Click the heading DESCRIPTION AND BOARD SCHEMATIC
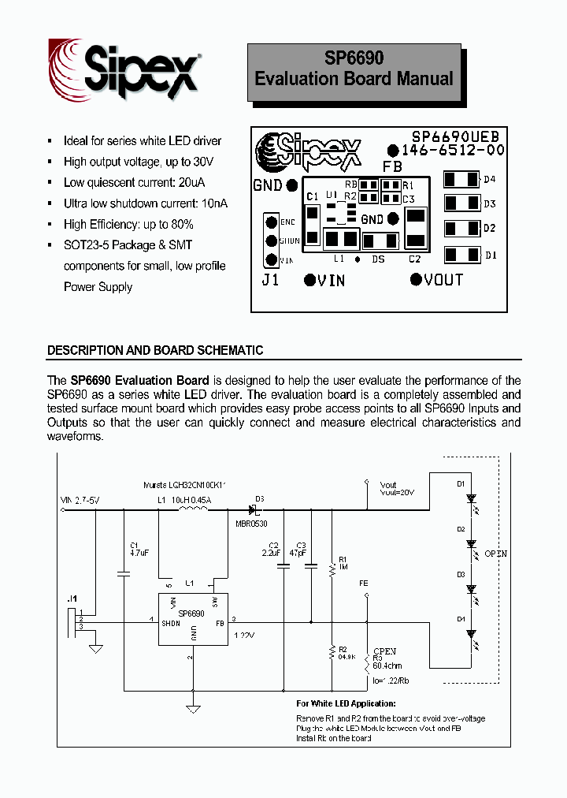coord(155,350)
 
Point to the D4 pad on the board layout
coord(461,180)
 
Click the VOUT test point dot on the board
coord(416,278)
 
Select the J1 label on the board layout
coord(270,280)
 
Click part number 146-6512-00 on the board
coord(453,150)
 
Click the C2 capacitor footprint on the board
coord(415,228)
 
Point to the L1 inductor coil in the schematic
coord(193,510)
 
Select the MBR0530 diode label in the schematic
coord(252,522)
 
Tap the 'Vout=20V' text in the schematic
coord(397,492)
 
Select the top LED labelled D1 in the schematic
coord(471,498)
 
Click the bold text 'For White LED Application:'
coord(346,703)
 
